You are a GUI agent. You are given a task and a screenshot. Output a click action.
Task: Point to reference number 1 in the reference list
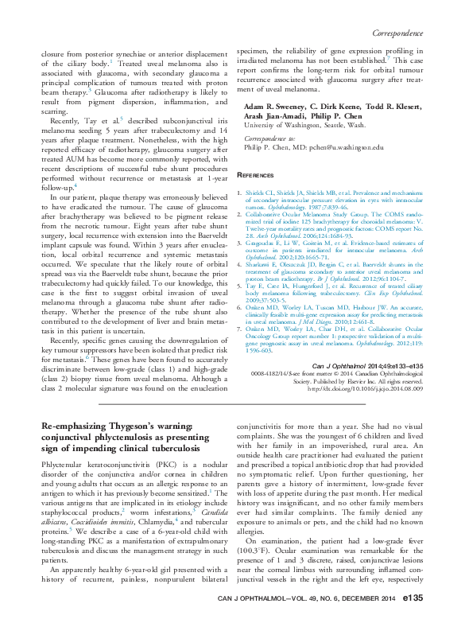click(x=240, y=193)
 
